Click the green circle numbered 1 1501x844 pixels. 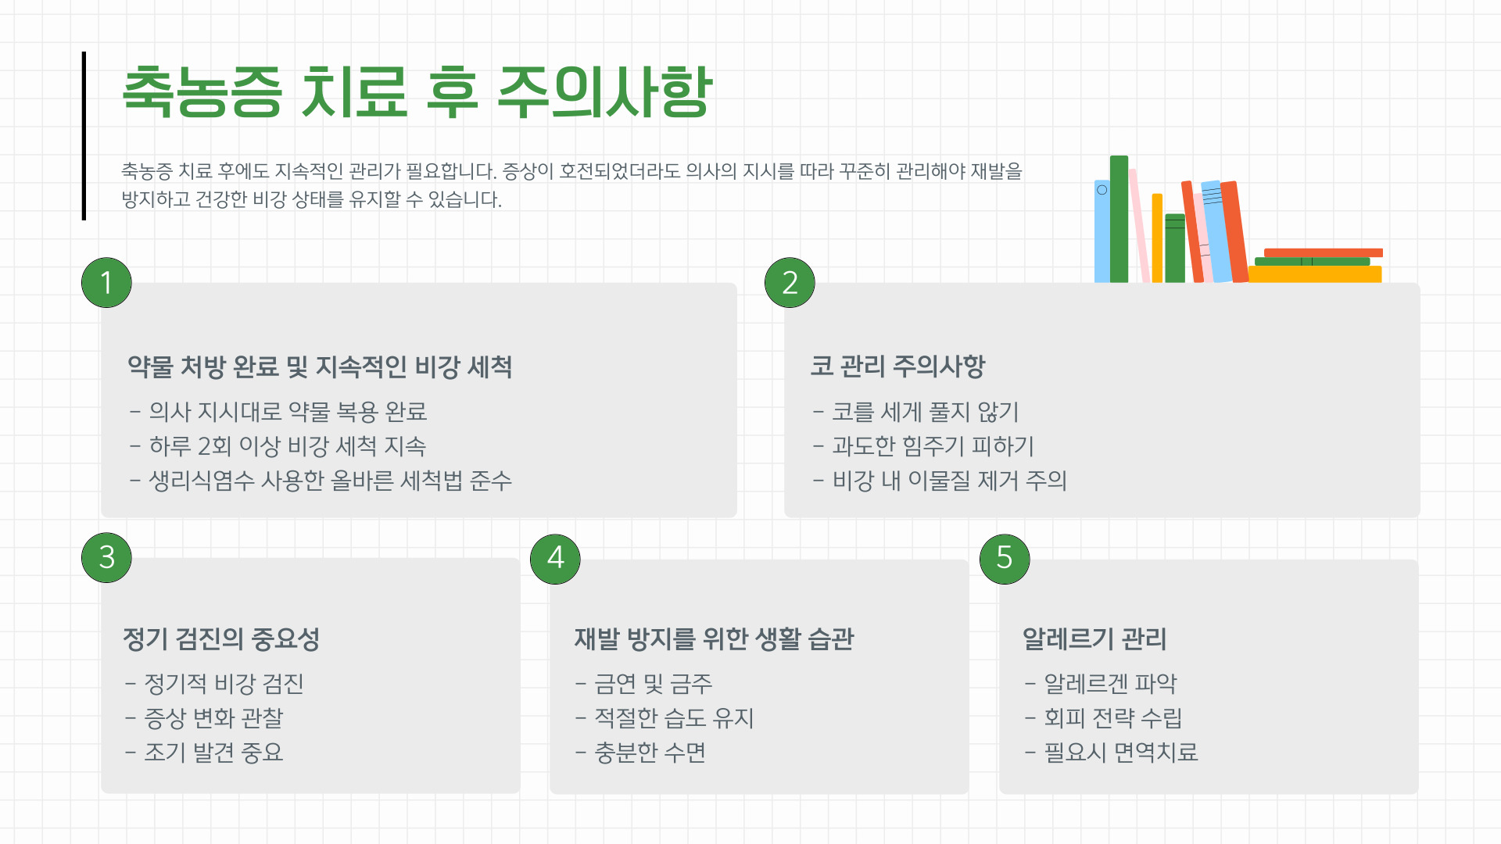[106, 282]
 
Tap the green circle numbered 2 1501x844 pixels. [790, 282]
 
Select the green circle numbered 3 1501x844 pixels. [106, 557]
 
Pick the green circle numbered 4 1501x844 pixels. [555, 558]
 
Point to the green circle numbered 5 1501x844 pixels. [1004, 558]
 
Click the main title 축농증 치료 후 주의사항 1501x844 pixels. [417, 92]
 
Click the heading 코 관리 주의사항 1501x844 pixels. [897, 366]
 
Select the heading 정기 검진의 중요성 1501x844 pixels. [221, 638]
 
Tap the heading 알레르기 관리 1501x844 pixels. [1094, 638]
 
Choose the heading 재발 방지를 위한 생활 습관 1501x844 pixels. [714, 638]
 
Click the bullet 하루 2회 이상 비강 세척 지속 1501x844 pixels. [287, 446]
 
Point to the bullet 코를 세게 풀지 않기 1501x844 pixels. [925, 412]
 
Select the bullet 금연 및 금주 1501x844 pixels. [653, 684]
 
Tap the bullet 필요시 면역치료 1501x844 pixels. [1120, 753]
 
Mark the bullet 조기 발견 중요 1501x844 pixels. [213, 753]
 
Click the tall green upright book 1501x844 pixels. [1119, 219]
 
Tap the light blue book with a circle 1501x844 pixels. [1102, 231]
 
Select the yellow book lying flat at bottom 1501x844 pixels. [1314, 274]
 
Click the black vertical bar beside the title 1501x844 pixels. [84, 135]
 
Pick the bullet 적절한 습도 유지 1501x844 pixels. [673, 718]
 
